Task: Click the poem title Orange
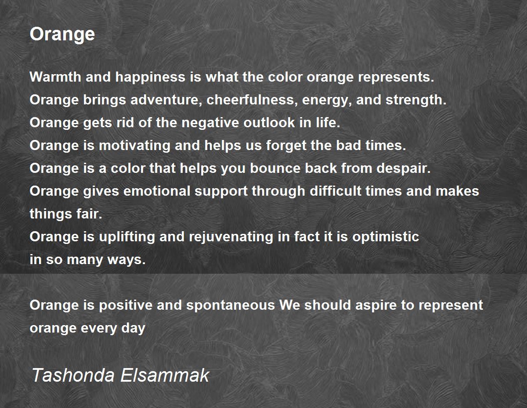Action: click(62, 35)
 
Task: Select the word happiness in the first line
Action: click(150, 78)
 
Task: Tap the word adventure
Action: click(166, 100)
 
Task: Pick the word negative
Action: click(210, 122)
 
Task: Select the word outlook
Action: click(269, 122)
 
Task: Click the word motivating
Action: click(134, 146)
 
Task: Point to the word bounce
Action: click(275, 168)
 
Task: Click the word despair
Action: click(403, 168)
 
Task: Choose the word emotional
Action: click(157, 191)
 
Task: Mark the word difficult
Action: click(336, 191)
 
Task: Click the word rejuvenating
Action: click(231, 237)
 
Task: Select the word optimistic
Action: click(386, 237)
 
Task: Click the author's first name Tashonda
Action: click(73, 375)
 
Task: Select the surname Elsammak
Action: click(165, 375)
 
